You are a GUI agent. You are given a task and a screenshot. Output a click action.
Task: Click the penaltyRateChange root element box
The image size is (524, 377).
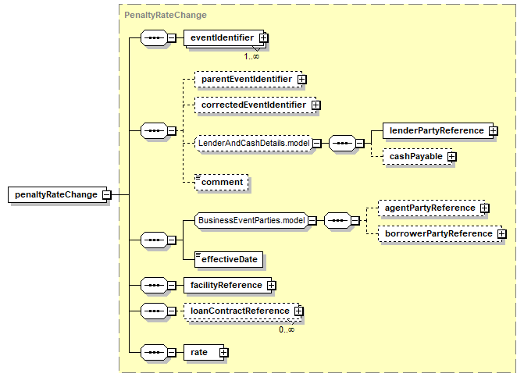58,194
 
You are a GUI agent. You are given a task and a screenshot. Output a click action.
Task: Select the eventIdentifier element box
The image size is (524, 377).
224,38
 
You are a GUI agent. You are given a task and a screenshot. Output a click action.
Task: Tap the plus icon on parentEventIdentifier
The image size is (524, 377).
301,80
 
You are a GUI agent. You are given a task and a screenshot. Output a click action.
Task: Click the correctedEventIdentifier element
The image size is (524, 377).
255,105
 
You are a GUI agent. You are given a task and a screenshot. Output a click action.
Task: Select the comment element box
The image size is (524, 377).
222,183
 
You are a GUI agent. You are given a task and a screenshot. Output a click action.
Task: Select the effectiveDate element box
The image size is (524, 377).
229,259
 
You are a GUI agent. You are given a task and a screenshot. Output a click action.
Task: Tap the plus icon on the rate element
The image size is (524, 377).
224,353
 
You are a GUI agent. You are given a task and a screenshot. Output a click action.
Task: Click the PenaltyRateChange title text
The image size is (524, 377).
166,15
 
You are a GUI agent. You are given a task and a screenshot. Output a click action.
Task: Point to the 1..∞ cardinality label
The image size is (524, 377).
251,56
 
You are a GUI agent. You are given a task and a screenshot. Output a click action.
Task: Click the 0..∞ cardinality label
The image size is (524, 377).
287,329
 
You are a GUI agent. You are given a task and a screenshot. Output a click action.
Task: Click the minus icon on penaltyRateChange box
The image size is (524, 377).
107,194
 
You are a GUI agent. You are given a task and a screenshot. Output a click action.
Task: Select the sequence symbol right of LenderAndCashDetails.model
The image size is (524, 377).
342,144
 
